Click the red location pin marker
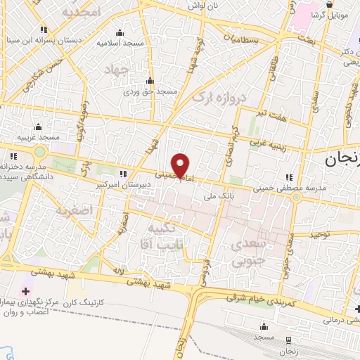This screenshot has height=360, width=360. coord(181,165)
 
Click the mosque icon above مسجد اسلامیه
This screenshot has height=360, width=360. coord(120,32)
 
